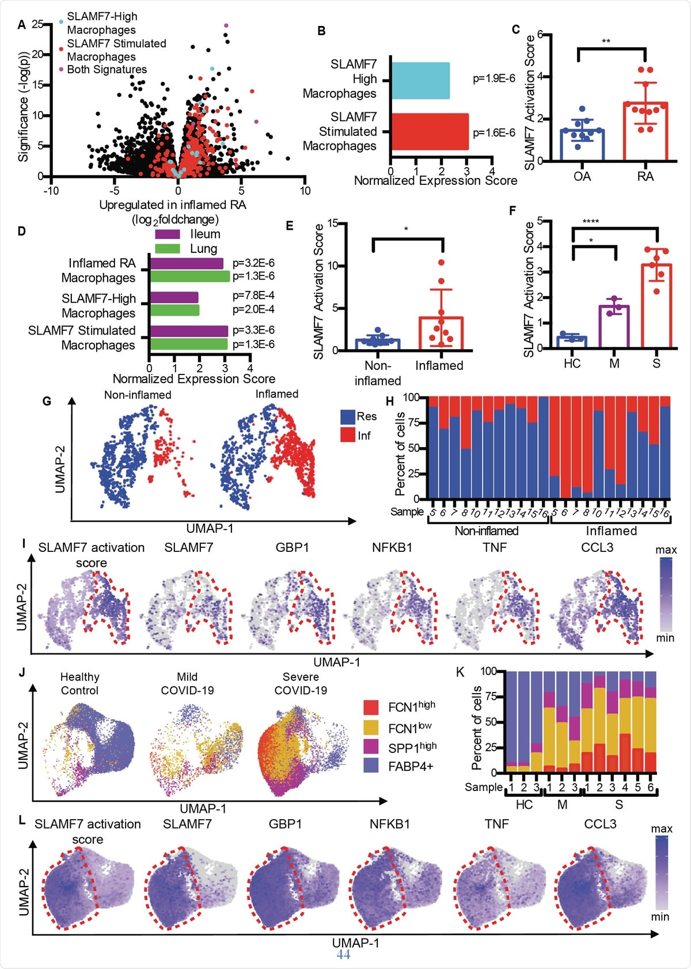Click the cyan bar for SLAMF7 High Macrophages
[x=420, y=81]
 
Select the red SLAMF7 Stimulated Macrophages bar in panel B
[x=430, y=131]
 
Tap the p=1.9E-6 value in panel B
[x=493, y=79]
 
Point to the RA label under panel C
[x=646, y=176]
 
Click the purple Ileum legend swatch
[x=168, y=234]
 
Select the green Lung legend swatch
[x=168, y=249]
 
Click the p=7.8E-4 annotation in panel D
[x=253, y=296]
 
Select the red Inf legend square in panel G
[x=347, y=435]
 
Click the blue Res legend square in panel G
[x=347, y=417]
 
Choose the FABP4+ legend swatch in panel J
[x=371, y=765]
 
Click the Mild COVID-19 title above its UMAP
[x=187, y=683]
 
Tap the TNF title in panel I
[x=495, y=547]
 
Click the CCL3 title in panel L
[x=600, y=824]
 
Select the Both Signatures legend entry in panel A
[x=107, y=70]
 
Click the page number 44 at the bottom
[x=343, y=954]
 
